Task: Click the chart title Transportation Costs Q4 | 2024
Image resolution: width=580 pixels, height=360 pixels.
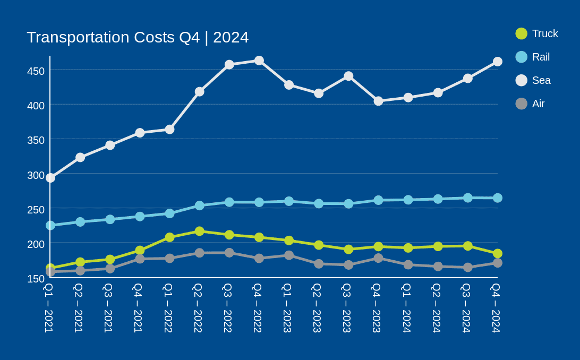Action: pyautogui.click(x=138, y=37)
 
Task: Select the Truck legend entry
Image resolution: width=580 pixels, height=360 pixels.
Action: pyautogui.click(x=537, y=33)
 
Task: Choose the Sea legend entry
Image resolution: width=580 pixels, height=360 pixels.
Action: pyautogui.click(x=533, y=80)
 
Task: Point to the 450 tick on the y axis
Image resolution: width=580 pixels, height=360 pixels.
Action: pyautogui.click(x=36, y=71)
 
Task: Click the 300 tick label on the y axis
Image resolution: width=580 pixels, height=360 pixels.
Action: pyautogui.click(x=36, y=175)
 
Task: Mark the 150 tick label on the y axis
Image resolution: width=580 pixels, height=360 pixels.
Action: pyautogui.click(x=36, y=279)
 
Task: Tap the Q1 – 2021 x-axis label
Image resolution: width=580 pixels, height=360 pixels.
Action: pyautogui.click(x=49, y=308)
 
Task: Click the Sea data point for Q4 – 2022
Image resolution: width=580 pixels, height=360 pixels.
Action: pyautogui.click(x=259, y=61)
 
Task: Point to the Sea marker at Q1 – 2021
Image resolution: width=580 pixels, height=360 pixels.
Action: pyautogui.click(x=50, y=178)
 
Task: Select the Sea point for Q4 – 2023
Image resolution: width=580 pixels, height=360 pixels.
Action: pyautogui.click(x=378, y=101)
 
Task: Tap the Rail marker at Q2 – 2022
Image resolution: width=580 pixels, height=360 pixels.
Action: pyautogui.click(x=200, y=205)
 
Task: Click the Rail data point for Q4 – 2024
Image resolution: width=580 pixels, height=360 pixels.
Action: pyautogui.click(x=498, y=198)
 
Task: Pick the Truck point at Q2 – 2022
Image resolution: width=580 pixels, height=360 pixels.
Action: pyautogui.click(x=200, y=231)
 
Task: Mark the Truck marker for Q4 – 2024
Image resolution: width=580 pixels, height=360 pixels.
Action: pyautogui.click(x=498, y=254)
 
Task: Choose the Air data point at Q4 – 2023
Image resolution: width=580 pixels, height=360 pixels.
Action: pyautogui.click(x=378, y=258)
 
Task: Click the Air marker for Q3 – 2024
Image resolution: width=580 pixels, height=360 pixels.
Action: pyautogui.click(x=468, y=267)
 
